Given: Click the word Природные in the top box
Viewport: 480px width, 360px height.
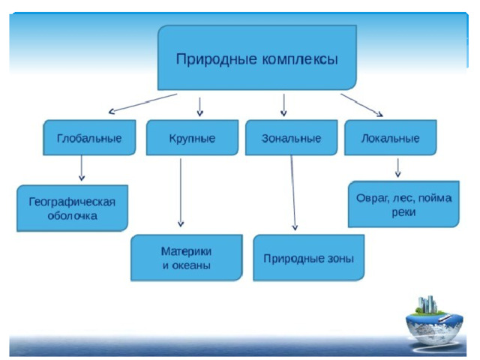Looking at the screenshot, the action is (217, 59).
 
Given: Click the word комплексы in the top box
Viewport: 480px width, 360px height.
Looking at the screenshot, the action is (300, 59).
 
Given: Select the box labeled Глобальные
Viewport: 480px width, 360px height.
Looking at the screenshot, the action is (89, 137).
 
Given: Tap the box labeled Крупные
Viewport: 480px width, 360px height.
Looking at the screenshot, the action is (192, 137).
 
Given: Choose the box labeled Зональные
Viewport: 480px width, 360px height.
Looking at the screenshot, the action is (292, 137).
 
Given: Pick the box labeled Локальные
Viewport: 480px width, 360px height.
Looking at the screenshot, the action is (391, 137).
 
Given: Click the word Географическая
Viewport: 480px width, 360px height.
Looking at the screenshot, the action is (72, 202).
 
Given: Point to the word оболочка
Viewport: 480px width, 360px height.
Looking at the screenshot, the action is (73, 216).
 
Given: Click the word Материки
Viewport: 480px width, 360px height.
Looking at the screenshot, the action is (187, 251).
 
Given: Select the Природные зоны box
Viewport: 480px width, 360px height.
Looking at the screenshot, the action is (309, 257).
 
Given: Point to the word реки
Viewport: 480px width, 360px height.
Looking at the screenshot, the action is (403, 212).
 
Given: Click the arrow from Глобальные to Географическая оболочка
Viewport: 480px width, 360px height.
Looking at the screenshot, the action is (82, 168).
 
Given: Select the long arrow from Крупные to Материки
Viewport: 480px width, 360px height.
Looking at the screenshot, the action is (181, 193).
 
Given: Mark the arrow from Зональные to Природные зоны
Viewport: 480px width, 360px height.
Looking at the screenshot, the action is (293, 193).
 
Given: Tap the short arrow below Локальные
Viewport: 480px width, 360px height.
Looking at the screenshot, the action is (397, 168).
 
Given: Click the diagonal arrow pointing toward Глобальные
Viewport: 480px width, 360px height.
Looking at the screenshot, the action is (143, 103).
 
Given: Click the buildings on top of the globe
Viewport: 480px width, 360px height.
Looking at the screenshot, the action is (427, 304).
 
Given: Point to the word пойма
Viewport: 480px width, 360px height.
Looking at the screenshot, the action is (435, 198).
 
